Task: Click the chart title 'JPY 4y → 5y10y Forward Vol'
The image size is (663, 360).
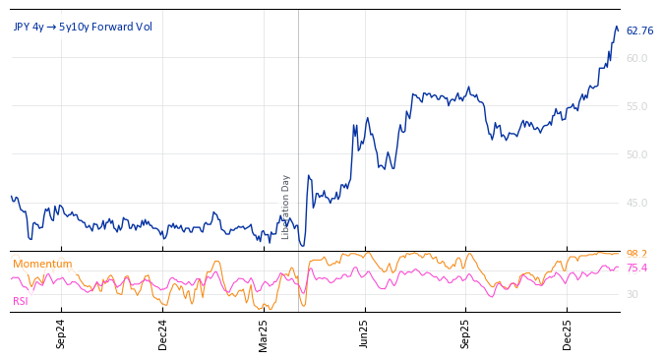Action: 83,27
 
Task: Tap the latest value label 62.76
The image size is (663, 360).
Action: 639,31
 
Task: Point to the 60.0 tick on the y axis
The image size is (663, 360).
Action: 636,59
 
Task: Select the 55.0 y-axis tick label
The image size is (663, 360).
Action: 636,107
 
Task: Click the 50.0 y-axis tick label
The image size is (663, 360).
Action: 636,155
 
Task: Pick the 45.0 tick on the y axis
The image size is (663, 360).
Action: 636,204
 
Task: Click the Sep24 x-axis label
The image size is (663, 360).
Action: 60,334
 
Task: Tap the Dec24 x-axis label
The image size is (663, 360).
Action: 162,334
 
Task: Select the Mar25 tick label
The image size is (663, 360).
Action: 264,334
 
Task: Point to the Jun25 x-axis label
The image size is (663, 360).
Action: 364,334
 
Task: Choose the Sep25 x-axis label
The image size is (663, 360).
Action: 465,334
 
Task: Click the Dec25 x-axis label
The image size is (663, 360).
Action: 567,334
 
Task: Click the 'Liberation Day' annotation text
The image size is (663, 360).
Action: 286,207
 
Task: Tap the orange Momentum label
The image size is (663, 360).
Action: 42,264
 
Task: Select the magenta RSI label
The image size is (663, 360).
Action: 21,301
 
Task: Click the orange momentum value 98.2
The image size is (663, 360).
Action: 636,255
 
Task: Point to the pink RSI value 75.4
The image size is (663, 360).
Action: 636,269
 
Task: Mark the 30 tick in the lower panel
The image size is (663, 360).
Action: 632,295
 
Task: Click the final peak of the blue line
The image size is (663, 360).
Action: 616,27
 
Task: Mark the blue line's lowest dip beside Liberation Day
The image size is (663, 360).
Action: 302,246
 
